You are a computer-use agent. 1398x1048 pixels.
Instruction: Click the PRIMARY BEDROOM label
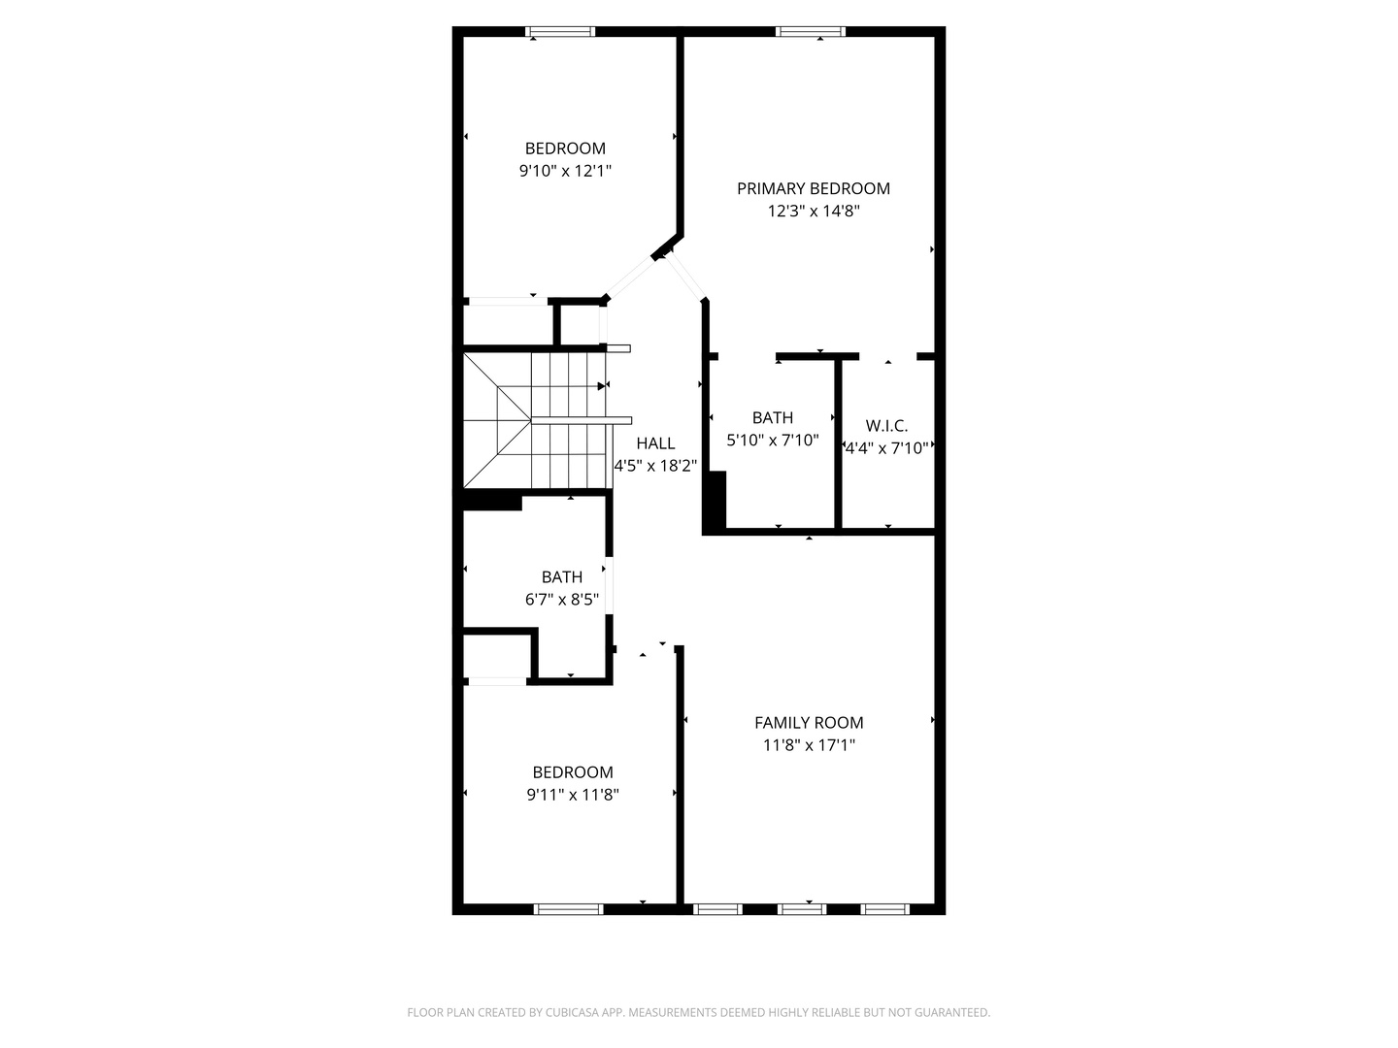click(813, 188)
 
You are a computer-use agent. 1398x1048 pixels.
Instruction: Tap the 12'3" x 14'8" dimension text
click(813, 212)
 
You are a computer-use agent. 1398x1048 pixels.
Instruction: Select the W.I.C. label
click(886, 426)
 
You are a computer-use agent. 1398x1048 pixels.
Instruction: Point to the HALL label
click(655, 443)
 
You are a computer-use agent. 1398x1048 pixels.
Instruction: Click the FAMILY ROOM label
click(809, 722)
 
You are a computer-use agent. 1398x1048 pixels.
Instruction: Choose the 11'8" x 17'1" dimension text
click(809, 745)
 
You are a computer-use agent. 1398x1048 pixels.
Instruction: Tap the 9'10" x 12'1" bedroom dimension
click(565, 171)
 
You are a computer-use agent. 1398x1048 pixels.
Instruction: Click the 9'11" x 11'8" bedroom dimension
click(573, 795)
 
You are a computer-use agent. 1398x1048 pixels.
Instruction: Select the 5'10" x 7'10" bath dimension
click(773, 440)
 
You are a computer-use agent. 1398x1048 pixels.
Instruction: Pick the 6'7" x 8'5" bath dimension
click(562, 600)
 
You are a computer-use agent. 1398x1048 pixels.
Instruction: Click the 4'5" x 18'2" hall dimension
click(655, 466)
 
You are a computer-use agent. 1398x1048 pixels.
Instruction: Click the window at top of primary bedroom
click(810, 32)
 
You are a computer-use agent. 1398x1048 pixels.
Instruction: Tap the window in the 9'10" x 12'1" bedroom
click(560, 32)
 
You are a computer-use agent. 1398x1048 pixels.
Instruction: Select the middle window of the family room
click(802, 909)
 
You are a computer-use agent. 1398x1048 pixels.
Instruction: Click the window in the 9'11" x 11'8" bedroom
click(569, 909)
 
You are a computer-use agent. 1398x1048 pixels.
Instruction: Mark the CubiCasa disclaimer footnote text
click(698, 1012)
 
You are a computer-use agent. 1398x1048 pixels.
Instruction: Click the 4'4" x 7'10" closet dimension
click(887, 448)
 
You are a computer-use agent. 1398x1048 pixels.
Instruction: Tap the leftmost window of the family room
click(717, 909)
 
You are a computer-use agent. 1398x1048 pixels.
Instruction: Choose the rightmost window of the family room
click(885, 909)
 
